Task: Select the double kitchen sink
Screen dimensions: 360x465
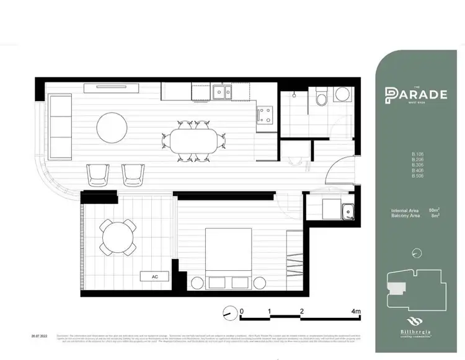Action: point(221,92)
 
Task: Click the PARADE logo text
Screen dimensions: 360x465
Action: point(416,94)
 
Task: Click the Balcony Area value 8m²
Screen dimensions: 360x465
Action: point(435,216)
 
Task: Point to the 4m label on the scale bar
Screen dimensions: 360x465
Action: point(355,311)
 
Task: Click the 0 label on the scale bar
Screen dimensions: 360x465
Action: point(242,311)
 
